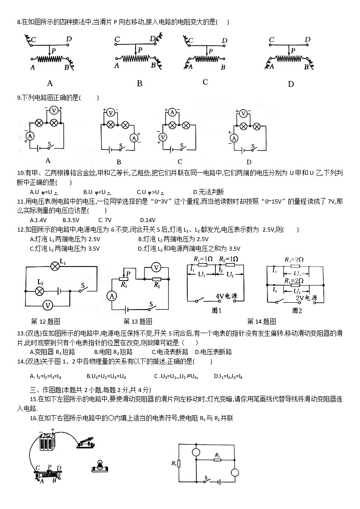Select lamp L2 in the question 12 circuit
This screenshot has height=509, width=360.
40,291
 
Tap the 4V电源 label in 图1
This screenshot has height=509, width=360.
225,296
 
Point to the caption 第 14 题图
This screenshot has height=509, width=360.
261,322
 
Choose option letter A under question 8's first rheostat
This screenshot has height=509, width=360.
50,83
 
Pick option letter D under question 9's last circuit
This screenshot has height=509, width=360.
248,162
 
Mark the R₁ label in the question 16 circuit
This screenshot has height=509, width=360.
174,463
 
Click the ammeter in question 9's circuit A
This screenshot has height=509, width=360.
30,136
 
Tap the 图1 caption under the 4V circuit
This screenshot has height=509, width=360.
216,310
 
